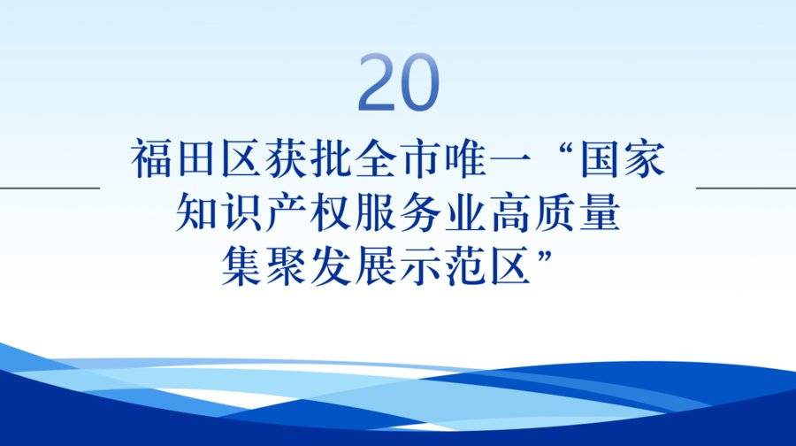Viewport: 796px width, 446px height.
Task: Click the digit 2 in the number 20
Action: tap(377, 82)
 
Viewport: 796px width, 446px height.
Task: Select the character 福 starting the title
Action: tap(151, 158)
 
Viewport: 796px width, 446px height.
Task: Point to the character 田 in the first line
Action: tap(196, 158)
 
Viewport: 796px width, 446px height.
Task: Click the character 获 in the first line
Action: tap(287, 158)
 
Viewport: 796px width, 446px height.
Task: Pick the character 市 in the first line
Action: tap(421, 158)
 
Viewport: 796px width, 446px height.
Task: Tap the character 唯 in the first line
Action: tap(466, 158)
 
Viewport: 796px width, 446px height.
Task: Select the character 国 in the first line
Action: tap(601, 158)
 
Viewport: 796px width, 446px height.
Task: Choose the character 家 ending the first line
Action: tap(645, 158)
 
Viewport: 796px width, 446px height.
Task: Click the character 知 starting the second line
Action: tap(196, 211)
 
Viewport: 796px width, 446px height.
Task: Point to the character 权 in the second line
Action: tap(331, 211)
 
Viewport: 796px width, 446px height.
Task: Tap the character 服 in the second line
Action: tap(376, 211)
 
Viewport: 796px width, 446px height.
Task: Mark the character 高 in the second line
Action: tap(510, 211)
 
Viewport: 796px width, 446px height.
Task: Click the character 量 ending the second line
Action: tap(600, 211)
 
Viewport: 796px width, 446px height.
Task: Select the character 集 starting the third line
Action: tap(241, 265)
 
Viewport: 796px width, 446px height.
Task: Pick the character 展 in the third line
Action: tap(376, 265)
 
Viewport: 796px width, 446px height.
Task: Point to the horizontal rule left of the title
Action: tap(50, 188)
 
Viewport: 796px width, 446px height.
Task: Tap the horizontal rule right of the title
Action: tap(746, 188)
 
